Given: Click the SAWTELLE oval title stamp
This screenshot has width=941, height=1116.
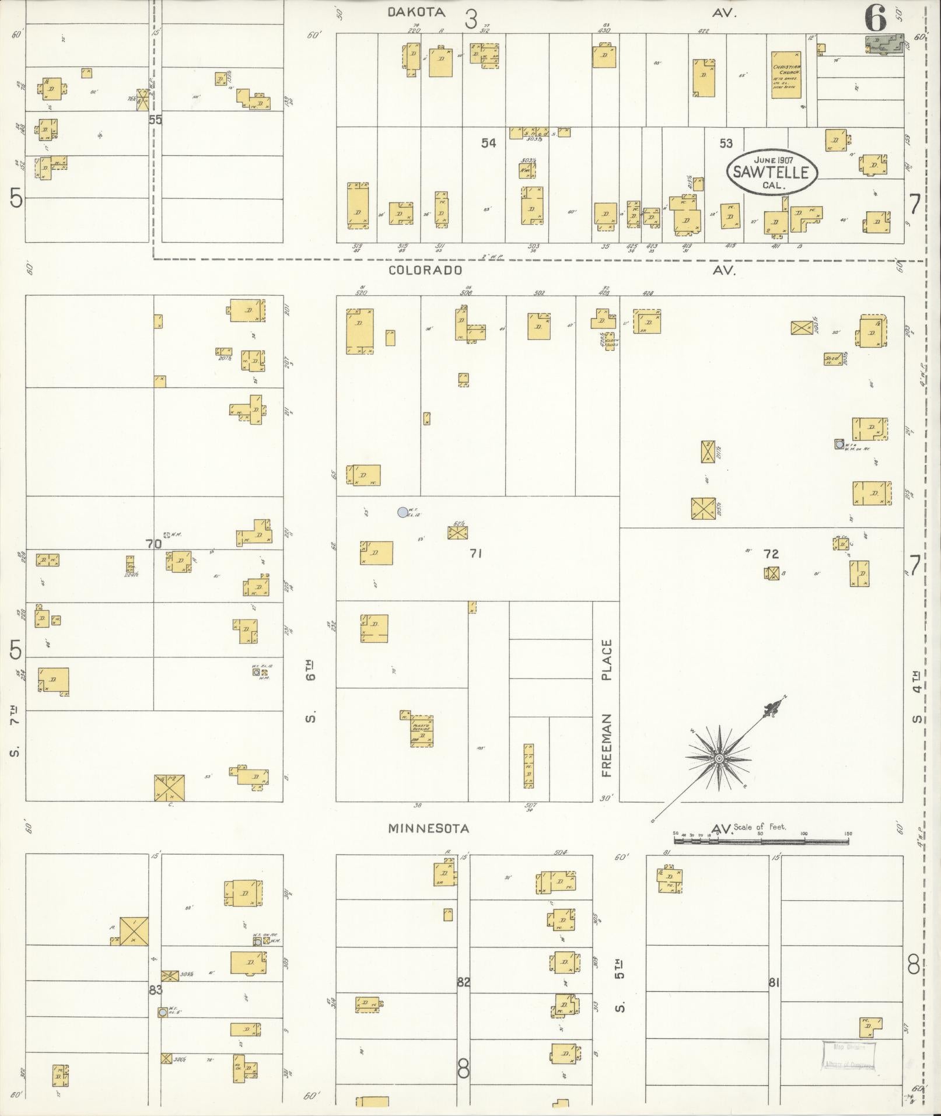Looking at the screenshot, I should click(x=771, y=171).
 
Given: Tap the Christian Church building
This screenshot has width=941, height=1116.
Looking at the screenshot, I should click(x=786, y=75).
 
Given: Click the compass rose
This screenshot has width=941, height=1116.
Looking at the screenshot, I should click(x=719, y=758).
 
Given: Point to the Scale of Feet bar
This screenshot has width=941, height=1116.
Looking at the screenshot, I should click(x=761, y=841).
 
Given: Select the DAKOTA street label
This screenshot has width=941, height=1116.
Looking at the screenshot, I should click(x=417, y=12).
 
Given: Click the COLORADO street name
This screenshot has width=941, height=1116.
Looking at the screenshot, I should click(x=426, y=270).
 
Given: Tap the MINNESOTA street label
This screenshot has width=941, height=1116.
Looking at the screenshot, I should click(x=429, y=828).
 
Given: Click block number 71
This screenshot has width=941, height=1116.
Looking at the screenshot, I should click(x=475, y=553).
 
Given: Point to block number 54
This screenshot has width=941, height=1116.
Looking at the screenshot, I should click(x=488, y=143).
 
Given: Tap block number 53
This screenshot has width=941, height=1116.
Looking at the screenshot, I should click(x=726, y=143).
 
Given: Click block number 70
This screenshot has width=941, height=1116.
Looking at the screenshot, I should click(x=153, y=544).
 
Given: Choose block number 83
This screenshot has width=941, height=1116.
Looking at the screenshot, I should click(x=155, y=989).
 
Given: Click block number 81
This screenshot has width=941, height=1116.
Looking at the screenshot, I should click(x=774, y=982).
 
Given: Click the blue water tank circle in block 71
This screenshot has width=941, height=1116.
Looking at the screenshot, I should click(x=402, y=512).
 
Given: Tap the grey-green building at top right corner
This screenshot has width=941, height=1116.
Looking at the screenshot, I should click(x=884, y=44).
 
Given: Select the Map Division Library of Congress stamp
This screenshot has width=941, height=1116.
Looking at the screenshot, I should click(x=849, y=1055).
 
